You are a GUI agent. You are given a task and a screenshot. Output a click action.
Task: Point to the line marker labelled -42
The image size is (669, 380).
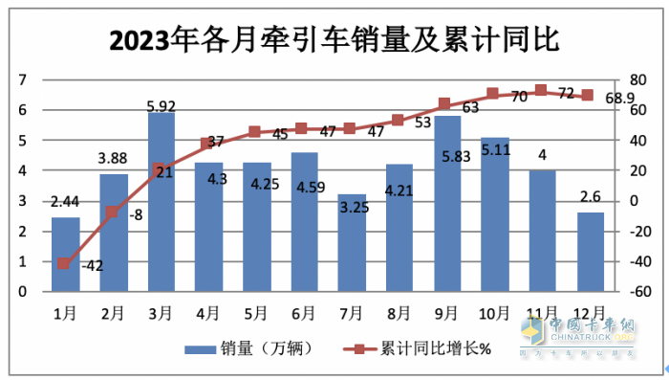(x=64, y=263)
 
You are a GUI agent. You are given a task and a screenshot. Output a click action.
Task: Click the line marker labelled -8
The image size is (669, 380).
(x=113, y=212)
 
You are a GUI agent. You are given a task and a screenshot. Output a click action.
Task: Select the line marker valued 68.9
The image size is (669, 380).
(x=590, y=96)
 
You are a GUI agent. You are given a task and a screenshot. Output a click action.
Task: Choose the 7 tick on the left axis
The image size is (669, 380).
(x=21, y=80)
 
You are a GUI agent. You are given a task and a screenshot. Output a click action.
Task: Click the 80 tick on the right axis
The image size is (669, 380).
(x=632, y=80)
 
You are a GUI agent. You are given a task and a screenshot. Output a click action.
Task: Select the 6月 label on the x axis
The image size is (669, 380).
(x=304, y=313)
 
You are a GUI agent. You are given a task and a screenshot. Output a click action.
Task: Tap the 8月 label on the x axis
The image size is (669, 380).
(x=399, y=313)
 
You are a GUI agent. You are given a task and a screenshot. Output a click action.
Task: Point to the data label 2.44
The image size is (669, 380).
(x=65, y=202)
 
